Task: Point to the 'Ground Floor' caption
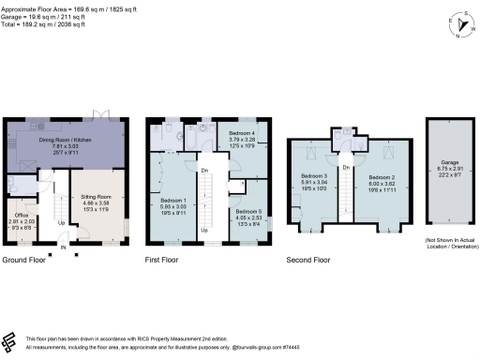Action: tap(26, 259)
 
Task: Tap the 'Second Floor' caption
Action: tap(309, 259)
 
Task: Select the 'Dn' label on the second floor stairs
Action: tap(347, 167)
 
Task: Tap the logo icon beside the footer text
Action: tap(11, 340)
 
